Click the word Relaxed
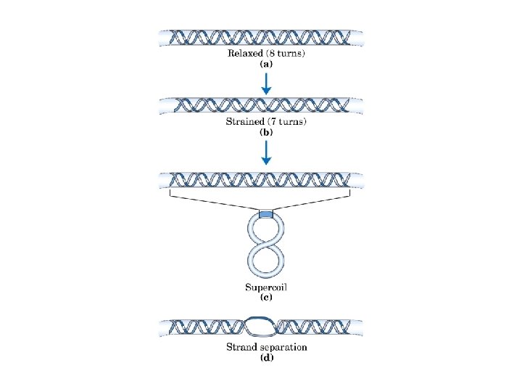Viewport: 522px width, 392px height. pyautogui.click(x=244, y=54)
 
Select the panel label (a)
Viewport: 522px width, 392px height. pyautogui.click(x=266, y=64)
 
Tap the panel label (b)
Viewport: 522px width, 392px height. pyautogui.click(x=266, y=131)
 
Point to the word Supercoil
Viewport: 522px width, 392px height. pyautogui.click(x=267, y=287)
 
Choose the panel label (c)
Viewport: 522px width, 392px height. pyautogui.click(x=266, y=297)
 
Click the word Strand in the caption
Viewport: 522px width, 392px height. pyautogui.click(x=241, y=347)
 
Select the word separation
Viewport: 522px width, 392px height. pyautogui.click(x=283, y=347)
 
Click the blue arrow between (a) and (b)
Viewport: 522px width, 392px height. pyautogui.click(x=266, y=83)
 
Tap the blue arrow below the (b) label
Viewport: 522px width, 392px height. pyautogui.click(x=266, y=151)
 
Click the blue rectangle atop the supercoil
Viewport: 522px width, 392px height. pyautogui.click(x=266, y=213)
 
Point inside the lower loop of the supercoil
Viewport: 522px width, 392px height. pyautogui.click(x=266, y=261)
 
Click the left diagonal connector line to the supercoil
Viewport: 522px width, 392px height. pyautogui.click(x=214, y=203)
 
